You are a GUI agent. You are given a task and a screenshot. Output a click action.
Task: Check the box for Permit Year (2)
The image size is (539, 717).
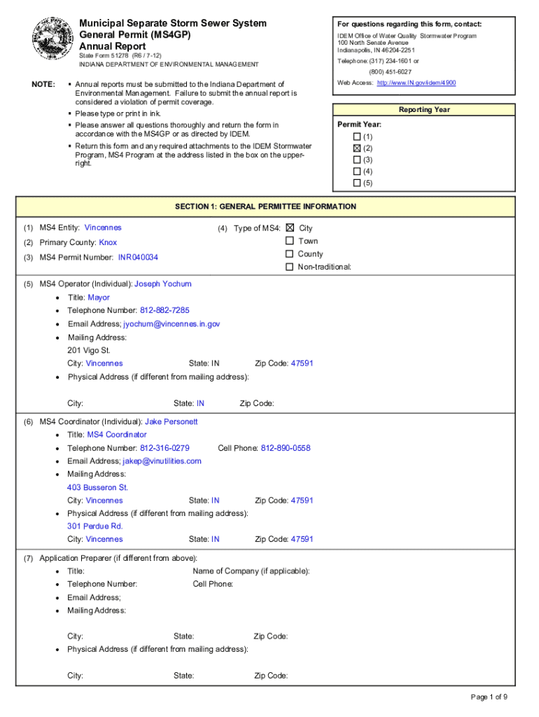(x=357, y=148)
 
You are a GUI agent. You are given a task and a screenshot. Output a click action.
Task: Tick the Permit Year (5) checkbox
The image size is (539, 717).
(x=357, y=183)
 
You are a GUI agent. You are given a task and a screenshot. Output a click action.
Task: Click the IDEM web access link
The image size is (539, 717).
(x=416, y=83)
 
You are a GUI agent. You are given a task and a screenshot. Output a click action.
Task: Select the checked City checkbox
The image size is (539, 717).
(x=290, y=228)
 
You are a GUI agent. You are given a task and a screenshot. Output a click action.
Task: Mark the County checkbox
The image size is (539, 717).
(x=290, y=254)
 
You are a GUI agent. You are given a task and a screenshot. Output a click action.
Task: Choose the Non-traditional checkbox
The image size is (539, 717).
(x=290, y=267)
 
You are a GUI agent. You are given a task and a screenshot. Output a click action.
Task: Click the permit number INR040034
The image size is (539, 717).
(x=138, y=258)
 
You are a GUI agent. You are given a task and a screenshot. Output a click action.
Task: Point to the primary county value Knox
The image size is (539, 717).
(x=108, y=243)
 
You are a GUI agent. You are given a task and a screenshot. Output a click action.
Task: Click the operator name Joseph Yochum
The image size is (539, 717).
(x=162, y=284)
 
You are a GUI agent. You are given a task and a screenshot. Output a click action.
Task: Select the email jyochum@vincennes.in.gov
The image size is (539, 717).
(x=172, y=324)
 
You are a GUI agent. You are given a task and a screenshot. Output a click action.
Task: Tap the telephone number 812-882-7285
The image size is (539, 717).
(x=164, y=310)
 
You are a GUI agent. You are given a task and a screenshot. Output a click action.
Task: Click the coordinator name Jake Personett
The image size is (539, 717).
(x=171, y=422)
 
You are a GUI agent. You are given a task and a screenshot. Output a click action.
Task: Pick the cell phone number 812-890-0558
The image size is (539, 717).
(x=286, y=448)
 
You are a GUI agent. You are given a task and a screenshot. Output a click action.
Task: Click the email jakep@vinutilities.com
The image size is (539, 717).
(x=162, y=461)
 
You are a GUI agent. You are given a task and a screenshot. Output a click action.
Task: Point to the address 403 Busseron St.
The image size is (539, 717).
(x=97, y=487)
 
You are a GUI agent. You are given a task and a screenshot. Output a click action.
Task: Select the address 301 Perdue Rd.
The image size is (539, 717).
(x=94, y=527)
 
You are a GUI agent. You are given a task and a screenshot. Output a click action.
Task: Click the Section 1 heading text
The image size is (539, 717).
(x=265, y=207)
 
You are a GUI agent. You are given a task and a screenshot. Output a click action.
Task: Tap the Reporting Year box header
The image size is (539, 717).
(x=424, y=110)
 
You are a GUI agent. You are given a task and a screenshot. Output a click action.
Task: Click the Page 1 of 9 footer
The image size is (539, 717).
(x=489, y=697)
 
